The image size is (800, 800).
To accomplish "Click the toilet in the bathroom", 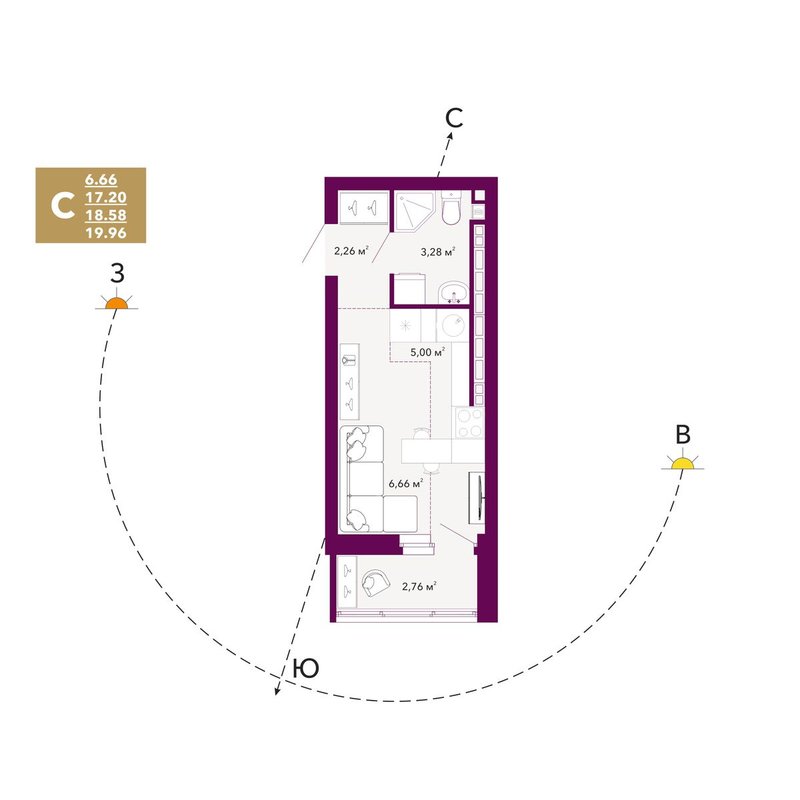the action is (451, 208).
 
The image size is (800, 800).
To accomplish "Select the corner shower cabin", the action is (413, 211).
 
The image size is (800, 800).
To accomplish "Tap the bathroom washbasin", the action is (453, 292).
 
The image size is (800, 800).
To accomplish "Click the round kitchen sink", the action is (453, 325).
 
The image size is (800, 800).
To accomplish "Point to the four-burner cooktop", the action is (469, 423).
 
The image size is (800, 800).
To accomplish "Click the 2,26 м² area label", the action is (351, 251).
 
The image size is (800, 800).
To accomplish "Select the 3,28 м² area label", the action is (438, 251).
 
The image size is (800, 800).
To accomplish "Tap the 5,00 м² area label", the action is (428, 352).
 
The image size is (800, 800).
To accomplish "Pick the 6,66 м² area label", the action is (406, 483).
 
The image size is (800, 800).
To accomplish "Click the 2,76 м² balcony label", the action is (419, 586).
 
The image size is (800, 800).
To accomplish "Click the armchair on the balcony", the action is (375, 583).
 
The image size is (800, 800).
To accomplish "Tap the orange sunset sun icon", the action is (116, 304).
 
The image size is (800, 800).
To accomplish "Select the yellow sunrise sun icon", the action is (683, 463).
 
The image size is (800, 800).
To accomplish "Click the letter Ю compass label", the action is (306, 668).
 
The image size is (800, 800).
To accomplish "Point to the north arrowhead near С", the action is (450, 136).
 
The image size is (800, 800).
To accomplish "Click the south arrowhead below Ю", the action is (278, 691).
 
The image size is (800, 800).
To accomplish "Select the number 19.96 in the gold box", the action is (106, 233).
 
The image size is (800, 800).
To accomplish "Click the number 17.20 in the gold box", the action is (106, 197).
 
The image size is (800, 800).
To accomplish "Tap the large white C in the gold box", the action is (63, 206).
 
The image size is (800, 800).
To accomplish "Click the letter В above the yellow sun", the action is (683, 435).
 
